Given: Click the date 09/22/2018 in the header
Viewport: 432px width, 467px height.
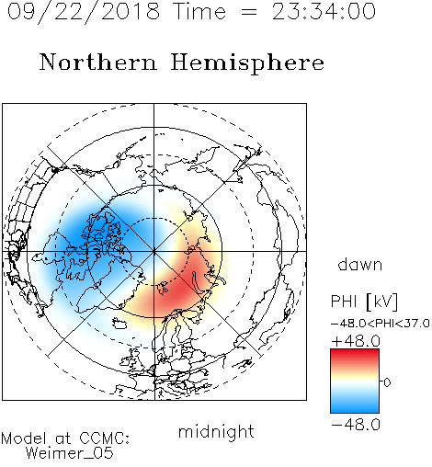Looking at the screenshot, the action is pos(84,12).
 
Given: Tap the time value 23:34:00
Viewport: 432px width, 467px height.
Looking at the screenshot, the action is pos(324,12).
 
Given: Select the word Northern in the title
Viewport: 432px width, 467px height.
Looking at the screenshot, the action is pos(98,62).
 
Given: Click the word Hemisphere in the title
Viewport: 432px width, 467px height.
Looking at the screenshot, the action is pos(247,63).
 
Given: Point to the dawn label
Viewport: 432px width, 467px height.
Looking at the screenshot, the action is pos(360,264).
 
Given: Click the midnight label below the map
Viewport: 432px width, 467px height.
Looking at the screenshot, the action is pos(216,431).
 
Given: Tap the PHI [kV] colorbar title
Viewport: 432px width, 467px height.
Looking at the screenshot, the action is pos(364,302).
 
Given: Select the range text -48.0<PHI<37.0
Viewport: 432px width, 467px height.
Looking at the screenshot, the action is pos(381,324).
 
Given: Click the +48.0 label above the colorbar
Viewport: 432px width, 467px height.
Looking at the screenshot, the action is pos(356,341).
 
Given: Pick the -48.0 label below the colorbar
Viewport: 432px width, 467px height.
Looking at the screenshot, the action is pos(356,425).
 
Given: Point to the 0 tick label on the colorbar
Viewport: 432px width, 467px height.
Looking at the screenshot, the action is pos(387,382).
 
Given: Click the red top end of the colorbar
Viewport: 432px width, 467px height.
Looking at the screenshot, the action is pos(355,352).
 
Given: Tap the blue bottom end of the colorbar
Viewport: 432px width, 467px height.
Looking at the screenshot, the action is pos(355,409).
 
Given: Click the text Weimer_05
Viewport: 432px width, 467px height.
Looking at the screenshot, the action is pos(70,453).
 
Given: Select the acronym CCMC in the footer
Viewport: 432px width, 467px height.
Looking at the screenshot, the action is pos(104,439).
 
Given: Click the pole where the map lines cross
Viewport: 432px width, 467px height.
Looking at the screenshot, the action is pos(154,251).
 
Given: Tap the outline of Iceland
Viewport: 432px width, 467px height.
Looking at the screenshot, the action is pos(119,323).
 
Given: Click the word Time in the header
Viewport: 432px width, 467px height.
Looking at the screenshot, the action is pos(199,12).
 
